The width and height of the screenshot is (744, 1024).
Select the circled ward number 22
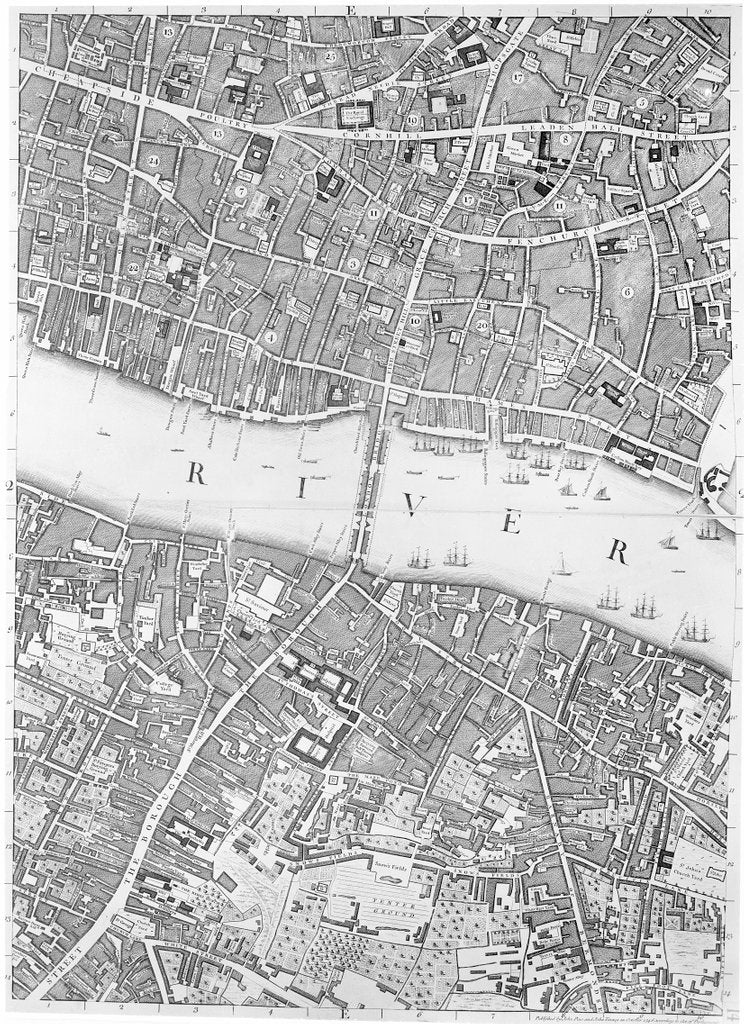coord(133,269)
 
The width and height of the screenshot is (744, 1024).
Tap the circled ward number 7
coord(241,189)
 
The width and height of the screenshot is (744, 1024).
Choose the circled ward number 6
coord(628,292)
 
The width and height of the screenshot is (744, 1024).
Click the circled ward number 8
coord(566,141)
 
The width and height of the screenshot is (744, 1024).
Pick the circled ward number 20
coord(482,325)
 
